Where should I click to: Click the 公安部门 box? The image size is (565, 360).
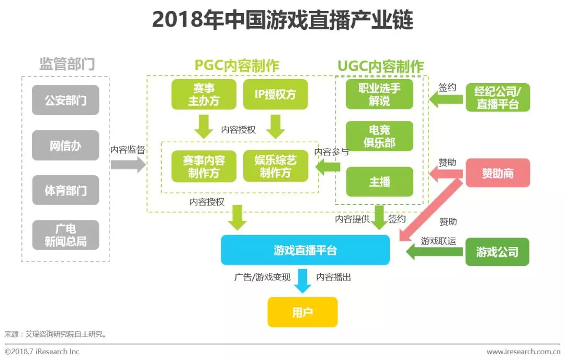65,100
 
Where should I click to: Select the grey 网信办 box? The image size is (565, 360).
65,145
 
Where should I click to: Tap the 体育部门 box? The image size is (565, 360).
65,190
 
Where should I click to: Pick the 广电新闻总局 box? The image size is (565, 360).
65,235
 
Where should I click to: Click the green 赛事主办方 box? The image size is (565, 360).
204,94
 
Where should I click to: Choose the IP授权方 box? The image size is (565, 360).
275,94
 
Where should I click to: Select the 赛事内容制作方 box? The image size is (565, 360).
204,166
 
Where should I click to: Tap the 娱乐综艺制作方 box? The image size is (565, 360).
276,166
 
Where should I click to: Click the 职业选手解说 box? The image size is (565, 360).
379,94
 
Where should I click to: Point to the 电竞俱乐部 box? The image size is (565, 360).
379,136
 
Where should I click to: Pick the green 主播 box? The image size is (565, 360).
379,182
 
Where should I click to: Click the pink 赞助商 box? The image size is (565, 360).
498,173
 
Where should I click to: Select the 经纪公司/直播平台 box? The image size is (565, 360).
498,97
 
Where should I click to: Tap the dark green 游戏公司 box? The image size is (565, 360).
498,252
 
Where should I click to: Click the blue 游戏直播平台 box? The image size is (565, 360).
305,250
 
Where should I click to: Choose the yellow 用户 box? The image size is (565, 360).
303,312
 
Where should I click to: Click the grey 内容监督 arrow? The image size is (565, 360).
128,165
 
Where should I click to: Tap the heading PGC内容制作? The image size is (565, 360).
237,65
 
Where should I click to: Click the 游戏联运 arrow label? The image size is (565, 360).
438,241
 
